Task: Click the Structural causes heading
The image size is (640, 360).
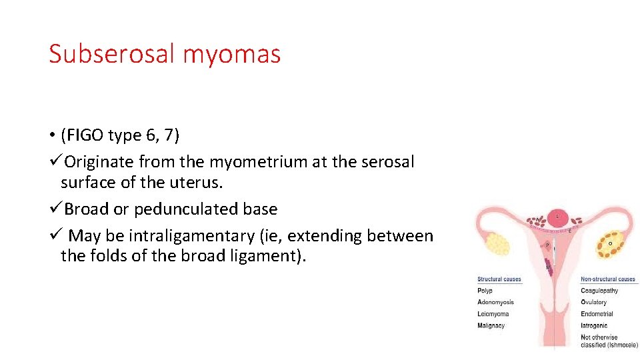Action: tap(499, 279)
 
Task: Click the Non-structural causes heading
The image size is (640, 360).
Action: tap(608, 279)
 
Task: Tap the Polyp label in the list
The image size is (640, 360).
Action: tap(485, 291)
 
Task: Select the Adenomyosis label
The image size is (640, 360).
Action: tap(495, 302)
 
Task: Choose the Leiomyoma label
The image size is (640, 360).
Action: tap(493, 314)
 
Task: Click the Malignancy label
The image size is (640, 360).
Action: tap(491, 325)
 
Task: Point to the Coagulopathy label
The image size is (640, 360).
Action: tap(599, 291)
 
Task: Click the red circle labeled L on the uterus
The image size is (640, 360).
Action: tap(558, 217)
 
